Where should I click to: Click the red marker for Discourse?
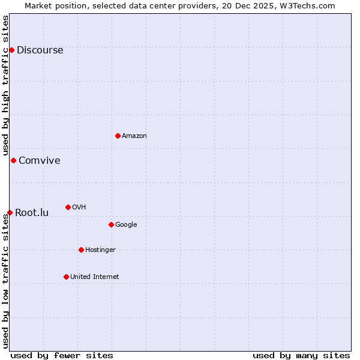[x=11, y=50]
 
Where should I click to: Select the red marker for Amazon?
[x=118, y=136]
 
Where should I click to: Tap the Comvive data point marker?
[x=13, y=160]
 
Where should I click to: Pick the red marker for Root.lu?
[x=10, y=212]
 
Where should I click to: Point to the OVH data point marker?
[x=68, y=207]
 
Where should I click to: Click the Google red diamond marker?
[x=111, y=224]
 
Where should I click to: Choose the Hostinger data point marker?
[x=81, y=250]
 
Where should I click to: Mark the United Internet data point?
[x=66, y=277]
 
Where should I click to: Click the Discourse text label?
[x=40, y=50]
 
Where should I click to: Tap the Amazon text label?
[x=134, y=136]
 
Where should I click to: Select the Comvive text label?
[x=39, y=161]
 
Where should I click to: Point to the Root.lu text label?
[x=32, y=213]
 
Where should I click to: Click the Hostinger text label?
[x=100, y=250]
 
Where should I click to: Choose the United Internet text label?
[x=94, y=277]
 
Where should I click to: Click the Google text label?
[x=126, y=225]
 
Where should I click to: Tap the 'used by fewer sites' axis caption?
[x=62, y=355]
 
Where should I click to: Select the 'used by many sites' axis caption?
[x=301, y=355]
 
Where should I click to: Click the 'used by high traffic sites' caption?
[x=5, y=86]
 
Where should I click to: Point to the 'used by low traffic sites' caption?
[x=5, y=281]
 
